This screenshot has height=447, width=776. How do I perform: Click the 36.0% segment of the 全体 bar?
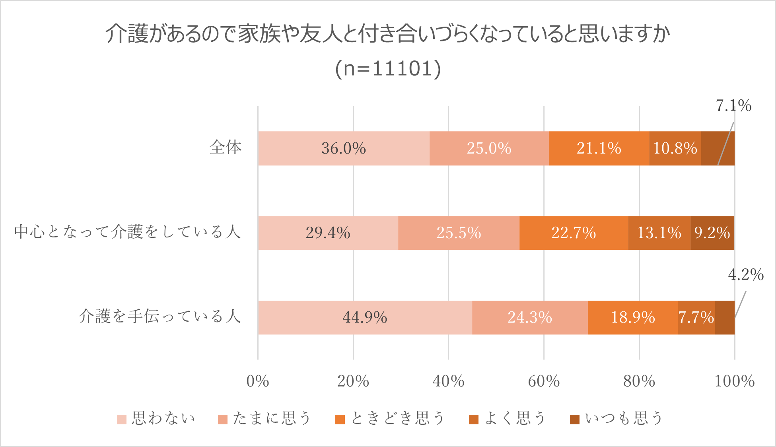tap(344, 148)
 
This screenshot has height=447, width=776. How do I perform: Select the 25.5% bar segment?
tap(459, 233)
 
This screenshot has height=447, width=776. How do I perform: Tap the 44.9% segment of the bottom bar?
tap(365, 317)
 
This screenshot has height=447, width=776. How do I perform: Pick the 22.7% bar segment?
tap(574, 233)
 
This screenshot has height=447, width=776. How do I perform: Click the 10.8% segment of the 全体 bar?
tap(675, 148)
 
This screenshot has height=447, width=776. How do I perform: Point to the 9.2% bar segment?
tap(712, 233)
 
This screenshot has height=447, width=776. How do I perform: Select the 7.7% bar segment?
tap(696, 317)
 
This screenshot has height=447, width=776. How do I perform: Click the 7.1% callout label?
tap(733, 106)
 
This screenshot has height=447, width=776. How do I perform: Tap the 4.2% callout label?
tap(746, 275)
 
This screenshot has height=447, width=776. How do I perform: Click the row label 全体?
tap(226, 148)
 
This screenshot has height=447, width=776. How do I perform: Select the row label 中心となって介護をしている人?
tap(128, 232)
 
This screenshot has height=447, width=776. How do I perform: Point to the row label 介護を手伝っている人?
tap(160, 317)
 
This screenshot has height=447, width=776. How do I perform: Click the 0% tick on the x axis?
tap(258, 381)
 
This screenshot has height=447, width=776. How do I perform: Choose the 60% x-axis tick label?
tap(544, 381)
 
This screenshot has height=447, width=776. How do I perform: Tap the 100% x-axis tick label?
tap(734, 381)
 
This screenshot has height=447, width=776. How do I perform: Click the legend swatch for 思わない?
tap(122, 419)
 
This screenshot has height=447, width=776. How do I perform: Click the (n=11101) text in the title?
tap(388, 68)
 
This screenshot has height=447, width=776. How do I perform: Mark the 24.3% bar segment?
tap(530, 317)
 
